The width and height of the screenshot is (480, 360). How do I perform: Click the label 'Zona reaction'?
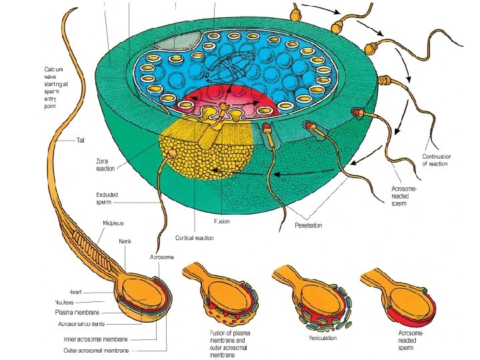point(106,165)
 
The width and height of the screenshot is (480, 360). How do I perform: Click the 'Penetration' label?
point(308,225)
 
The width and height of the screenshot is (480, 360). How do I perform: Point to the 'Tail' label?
point(81,140)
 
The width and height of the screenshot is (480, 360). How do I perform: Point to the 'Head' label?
point(75,292)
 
